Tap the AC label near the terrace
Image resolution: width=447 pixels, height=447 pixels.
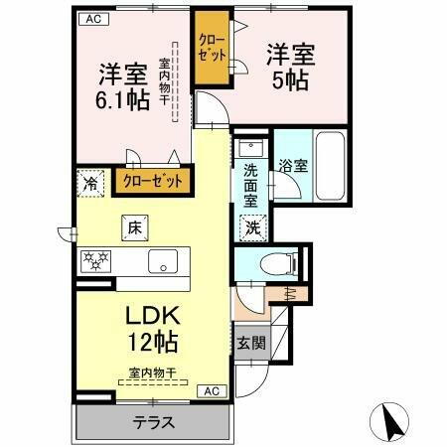(x=212, y=391)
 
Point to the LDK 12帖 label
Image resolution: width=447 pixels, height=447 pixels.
(x=151, y=328)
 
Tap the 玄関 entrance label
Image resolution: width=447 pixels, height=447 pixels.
(x=250, y=344)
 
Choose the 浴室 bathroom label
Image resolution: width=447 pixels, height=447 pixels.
(x=292, y=166)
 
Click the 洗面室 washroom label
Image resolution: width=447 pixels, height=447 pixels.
(x=252, y=185)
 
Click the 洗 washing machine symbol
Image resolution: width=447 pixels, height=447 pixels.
(x=252, y=226)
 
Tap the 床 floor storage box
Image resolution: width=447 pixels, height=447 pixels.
(x=133, y=227)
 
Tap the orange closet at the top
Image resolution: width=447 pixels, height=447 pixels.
(x=212, y=49)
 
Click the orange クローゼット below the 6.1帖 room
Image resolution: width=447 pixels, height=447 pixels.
(x=152, y=182)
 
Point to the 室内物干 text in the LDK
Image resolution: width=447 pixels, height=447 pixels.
(x=153, y=373)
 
